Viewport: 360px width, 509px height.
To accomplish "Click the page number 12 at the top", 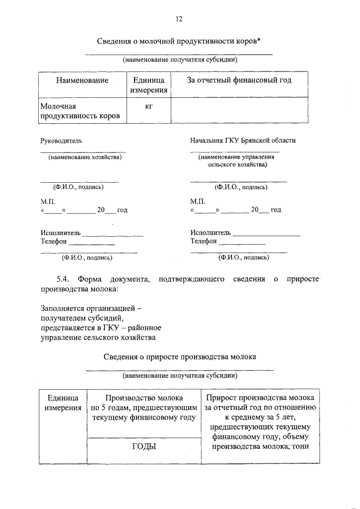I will pos(179,20).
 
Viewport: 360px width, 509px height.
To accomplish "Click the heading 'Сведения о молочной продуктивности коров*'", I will pos(179,42).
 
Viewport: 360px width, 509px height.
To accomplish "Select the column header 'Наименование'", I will pos(82,80).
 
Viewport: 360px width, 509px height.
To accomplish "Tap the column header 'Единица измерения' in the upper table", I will pos(148,85).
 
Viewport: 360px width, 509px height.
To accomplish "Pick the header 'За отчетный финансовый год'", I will pos(239,80).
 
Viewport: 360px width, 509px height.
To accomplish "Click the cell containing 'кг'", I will pos(148,105).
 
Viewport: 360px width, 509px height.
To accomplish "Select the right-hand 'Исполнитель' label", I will pos(210,232).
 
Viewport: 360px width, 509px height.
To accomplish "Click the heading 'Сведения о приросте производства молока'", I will pos(180,357).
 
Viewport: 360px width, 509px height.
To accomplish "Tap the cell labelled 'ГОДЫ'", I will pos(144,447).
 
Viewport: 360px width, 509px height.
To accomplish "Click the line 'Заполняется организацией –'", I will pos(91,309).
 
